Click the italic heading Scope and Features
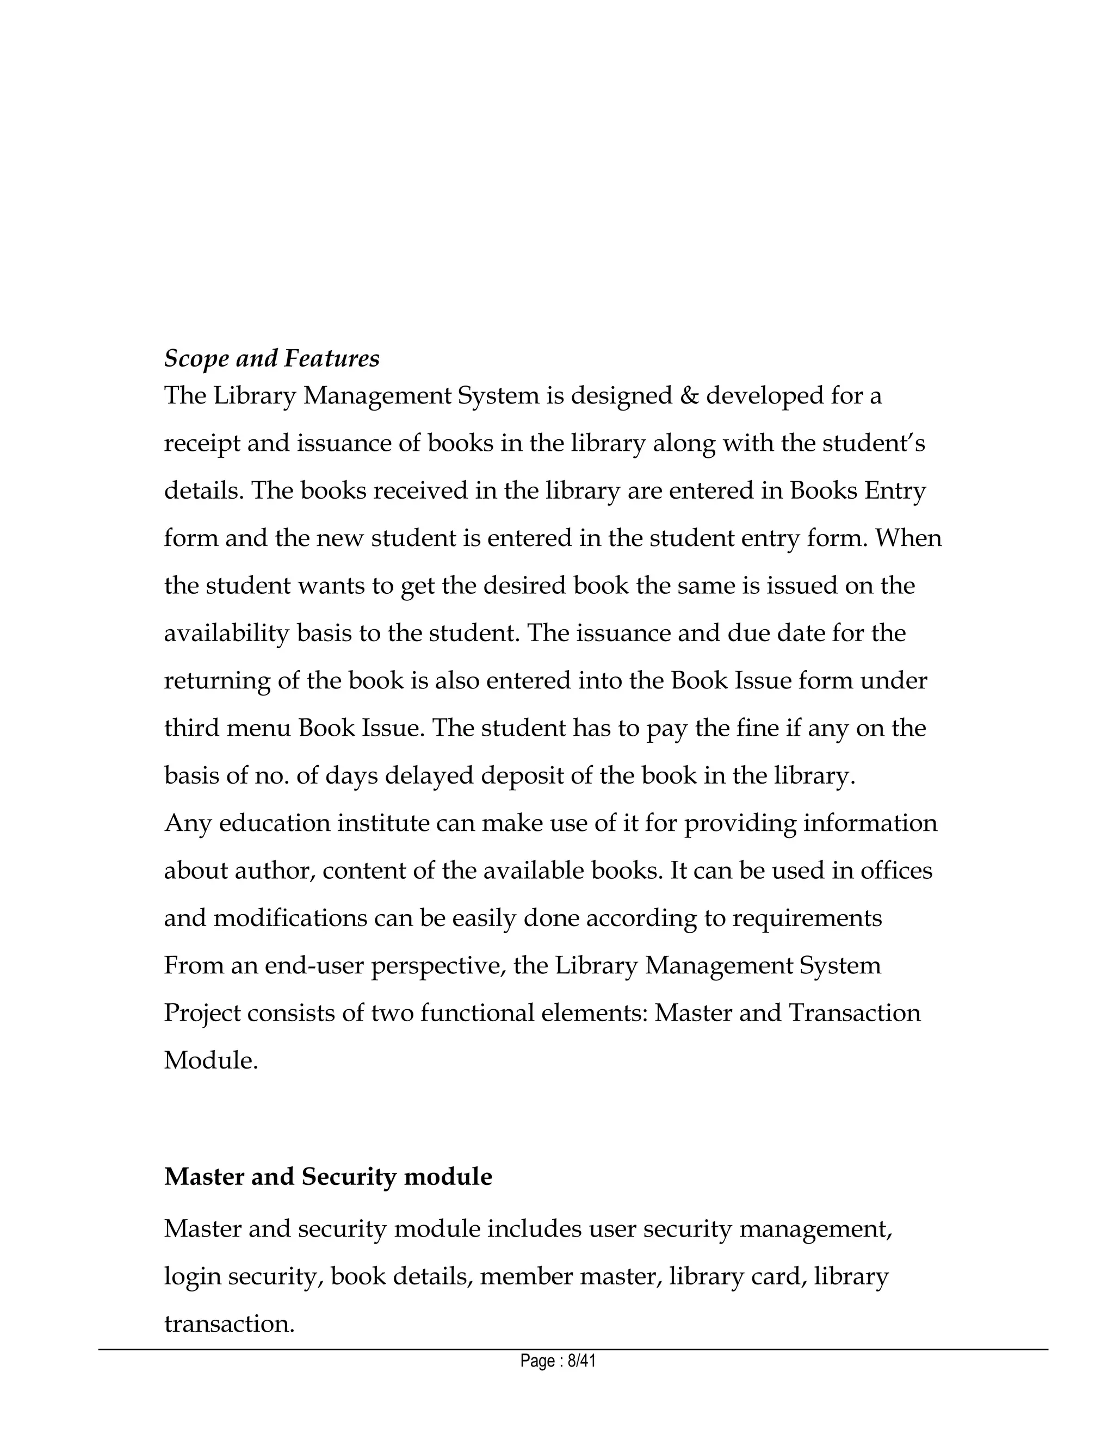[x=271, y=358]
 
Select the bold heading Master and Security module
[x=327, y=1176]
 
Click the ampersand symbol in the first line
[x=688, y=396]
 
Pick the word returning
[x=216, y=681]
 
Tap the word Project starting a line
[x=202, y=1014]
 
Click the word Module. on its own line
[x=211, y=1061]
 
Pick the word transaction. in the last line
[x=229, y=1324]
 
